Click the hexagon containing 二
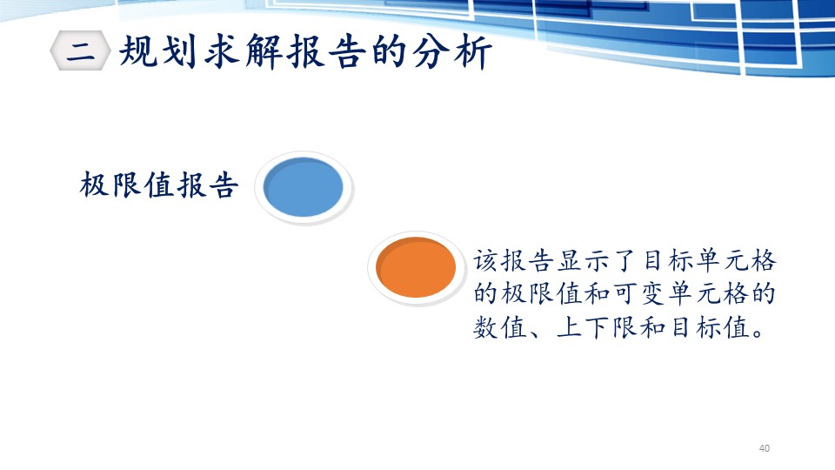[x=80, y=50]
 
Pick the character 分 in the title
[x=431, y=51]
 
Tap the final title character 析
[x=473, y=52]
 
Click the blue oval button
[x=304, y=187]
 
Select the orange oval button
[x=416, y=267]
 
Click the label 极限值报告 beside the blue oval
[x=158, y=185]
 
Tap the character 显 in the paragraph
[x=569, y=261]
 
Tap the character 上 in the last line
[x=569, y=326]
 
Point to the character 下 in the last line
[x=597, y=326]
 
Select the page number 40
[x=765, y=448]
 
